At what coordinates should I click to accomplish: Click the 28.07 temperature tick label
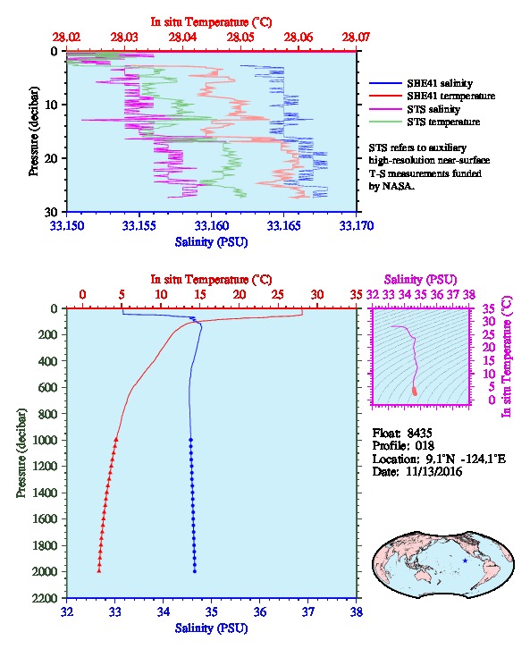pos(356,38)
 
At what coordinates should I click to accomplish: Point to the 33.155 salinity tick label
pos(139,225)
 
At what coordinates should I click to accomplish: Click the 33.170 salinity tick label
pos(357,225)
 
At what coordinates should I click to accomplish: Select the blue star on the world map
pos(465,560)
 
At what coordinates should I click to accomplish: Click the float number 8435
pos(419,433)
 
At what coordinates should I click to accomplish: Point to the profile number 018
pos(425,445)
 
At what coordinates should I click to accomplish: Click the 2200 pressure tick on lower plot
pos(45,598)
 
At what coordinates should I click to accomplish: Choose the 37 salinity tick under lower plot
pos(307,611)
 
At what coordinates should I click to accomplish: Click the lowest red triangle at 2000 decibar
pos(99,570)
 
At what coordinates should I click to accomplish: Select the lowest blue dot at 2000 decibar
pos(195,571)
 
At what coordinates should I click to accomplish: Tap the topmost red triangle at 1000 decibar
pos(116,440)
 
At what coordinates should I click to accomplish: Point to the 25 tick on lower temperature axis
pos(278,294)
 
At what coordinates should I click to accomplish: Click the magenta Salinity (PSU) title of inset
pos(420,280)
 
